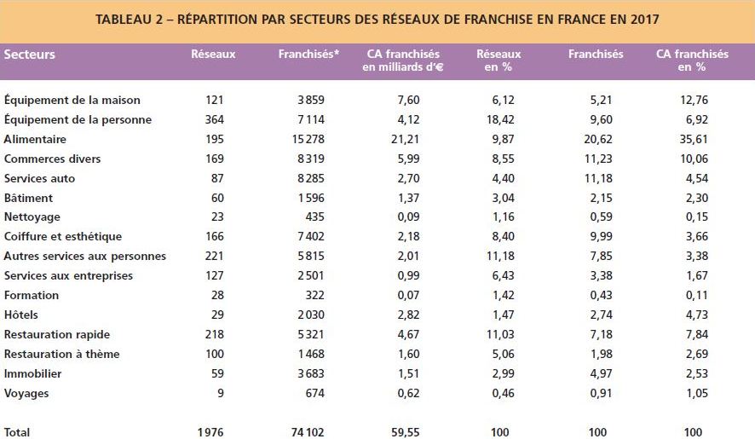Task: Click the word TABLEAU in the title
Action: (x=125, y=19)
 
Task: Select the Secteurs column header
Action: (x=30, y=55)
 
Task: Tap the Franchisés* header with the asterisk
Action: (x=308, y=55)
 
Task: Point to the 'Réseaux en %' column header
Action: (x=499, y=61)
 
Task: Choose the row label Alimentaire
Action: (x=35, y=139)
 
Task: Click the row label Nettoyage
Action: (x=32, y=217)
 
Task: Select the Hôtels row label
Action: (x=21, y=315)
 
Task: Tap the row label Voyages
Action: (x=26, y=394)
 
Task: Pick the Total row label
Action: (x=17, y=432)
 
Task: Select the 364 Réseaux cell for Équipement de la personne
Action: (x=214, y=119)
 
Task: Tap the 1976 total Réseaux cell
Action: (x=209, y=432)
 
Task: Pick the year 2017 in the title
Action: (x=645, y=19)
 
